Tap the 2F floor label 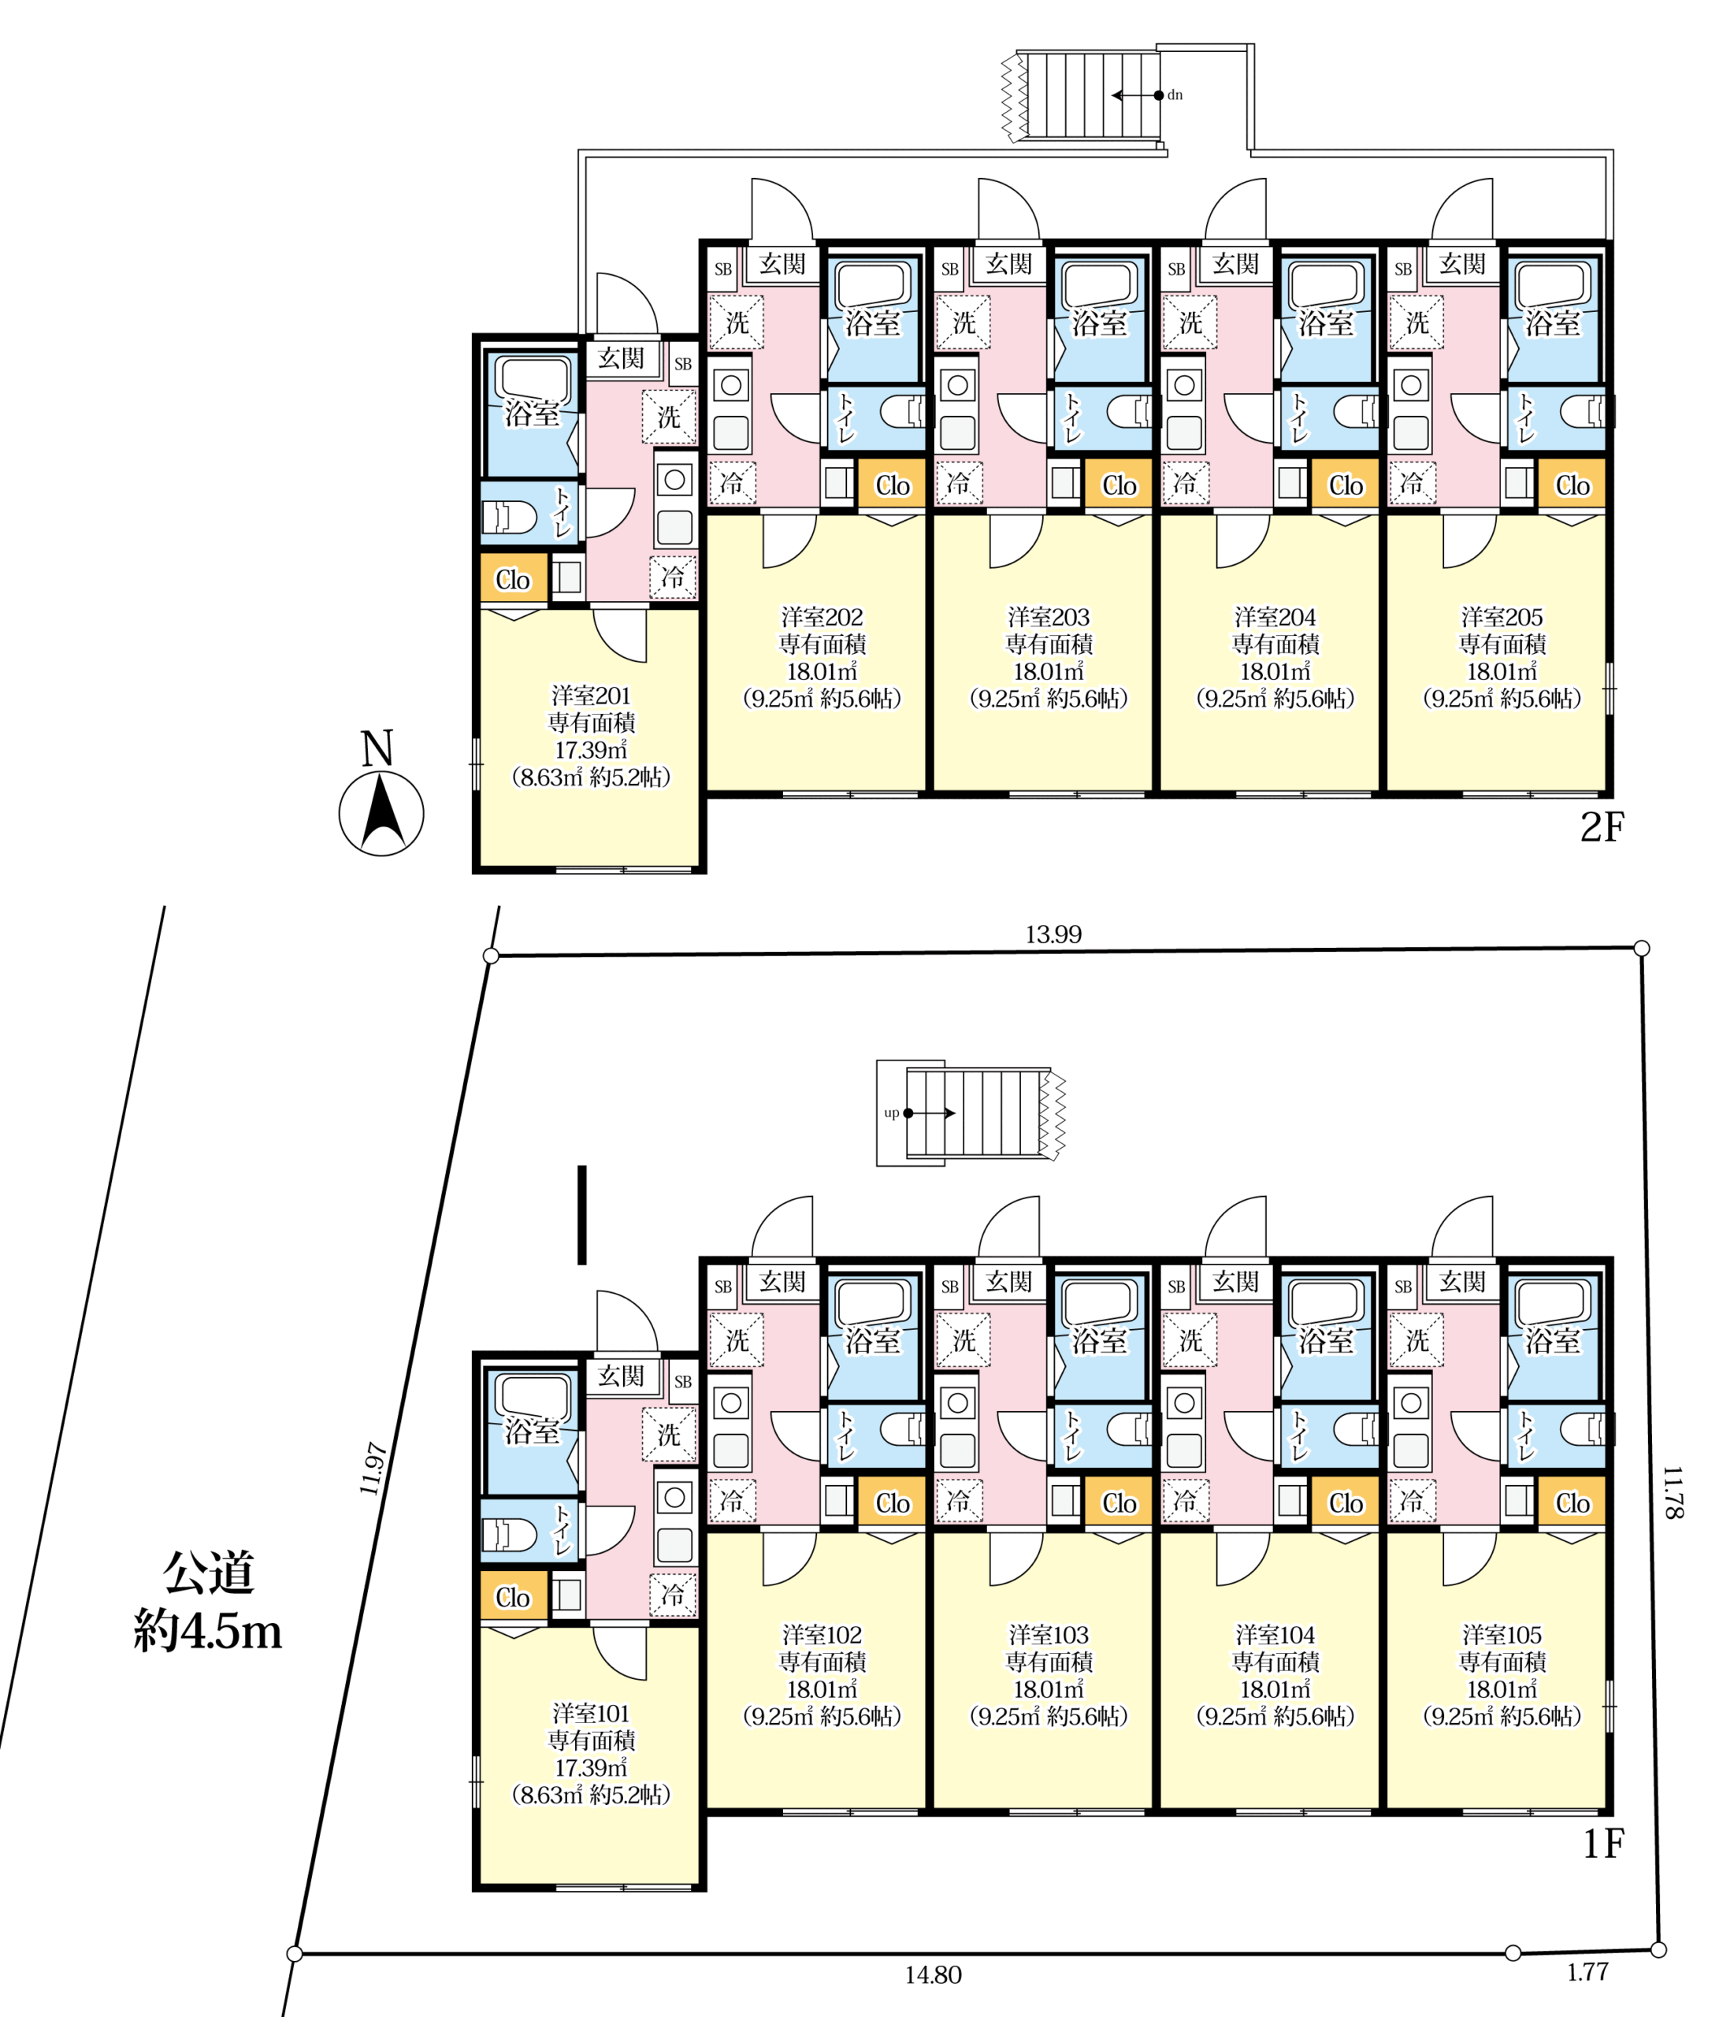1602,827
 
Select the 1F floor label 1602,1844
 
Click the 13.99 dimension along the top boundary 1053,934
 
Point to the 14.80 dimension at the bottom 933,1975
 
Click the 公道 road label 208,1572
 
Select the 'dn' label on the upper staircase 1175,95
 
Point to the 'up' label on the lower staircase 891,1113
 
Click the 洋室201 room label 591,696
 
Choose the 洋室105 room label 1502,1634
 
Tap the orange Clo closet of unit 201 513,579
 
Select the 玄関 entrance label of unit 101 621,1376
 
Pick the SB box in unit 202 722,269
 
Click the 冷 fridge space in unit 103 958,1500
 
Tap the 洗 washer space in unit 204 1190,322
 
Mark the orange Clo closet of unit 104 1346,1503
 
